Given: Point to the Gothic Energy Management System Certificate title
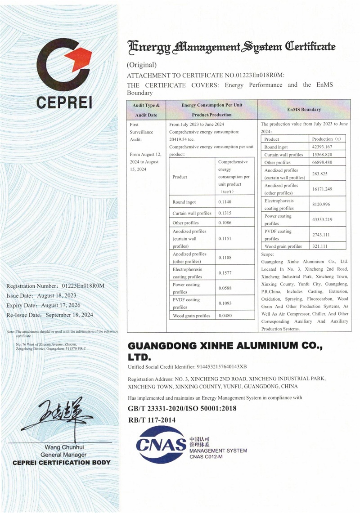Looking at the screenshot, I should [232, 47].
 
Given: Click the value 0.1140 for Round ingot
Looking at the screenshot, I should [225, 202].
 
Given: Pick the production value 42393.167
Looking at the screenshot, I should [323, 147].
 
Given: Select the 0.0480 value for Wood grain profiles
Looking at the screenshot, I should [225, 316].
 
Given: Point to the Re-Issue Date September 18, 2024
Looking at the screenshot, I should [49, 315].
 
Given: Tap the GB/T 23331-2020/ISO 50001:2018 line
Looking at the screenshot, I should [182, 409].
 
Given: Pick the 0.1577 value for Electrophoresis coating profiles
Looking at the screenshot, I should [225, 273].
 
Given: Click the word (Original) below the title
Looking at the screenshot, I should [142, 65].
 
